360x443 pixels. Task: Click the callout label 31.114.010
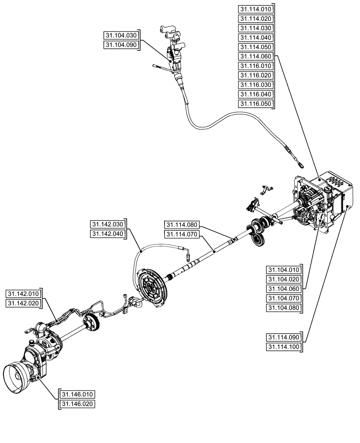click(x=256, y=9)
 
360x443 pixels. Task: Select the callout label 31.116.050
click(x=256, y=104)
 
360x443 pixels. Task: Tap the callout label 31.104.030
click(x=121, y=35)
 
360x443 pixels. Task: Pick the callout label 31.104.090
click(x=121, y=45)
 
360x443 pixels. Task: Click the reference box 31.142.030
click(x=107, y=224)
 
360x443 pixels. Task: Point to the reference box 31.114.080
click(x=182, y=224)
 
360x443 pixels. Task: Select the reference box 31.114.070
click(x=182, y=234)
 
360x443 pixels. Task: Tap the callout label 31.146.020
click(x=78, y=404)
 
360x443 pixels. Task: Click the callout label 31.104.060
click(x=284, y=289)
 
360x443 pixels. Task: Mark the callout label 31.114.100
click(x=284, y=347)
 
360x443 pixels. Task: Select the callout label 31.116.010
click(x=256, y=66)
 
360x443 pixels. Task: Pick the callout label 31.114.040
click(x=256, y=37)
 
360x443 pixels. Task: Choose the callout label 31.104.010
click(x=284, y=270)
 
